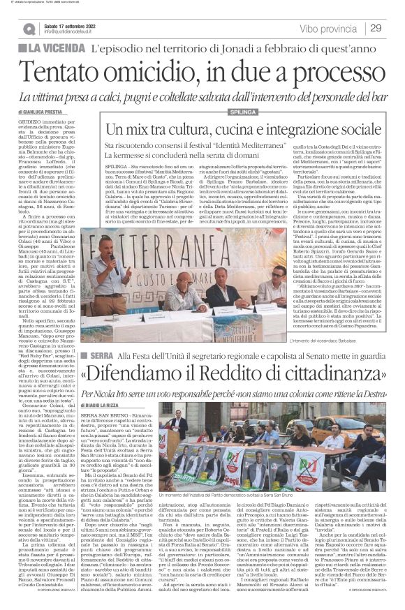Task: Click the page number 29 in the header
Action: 375,28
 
